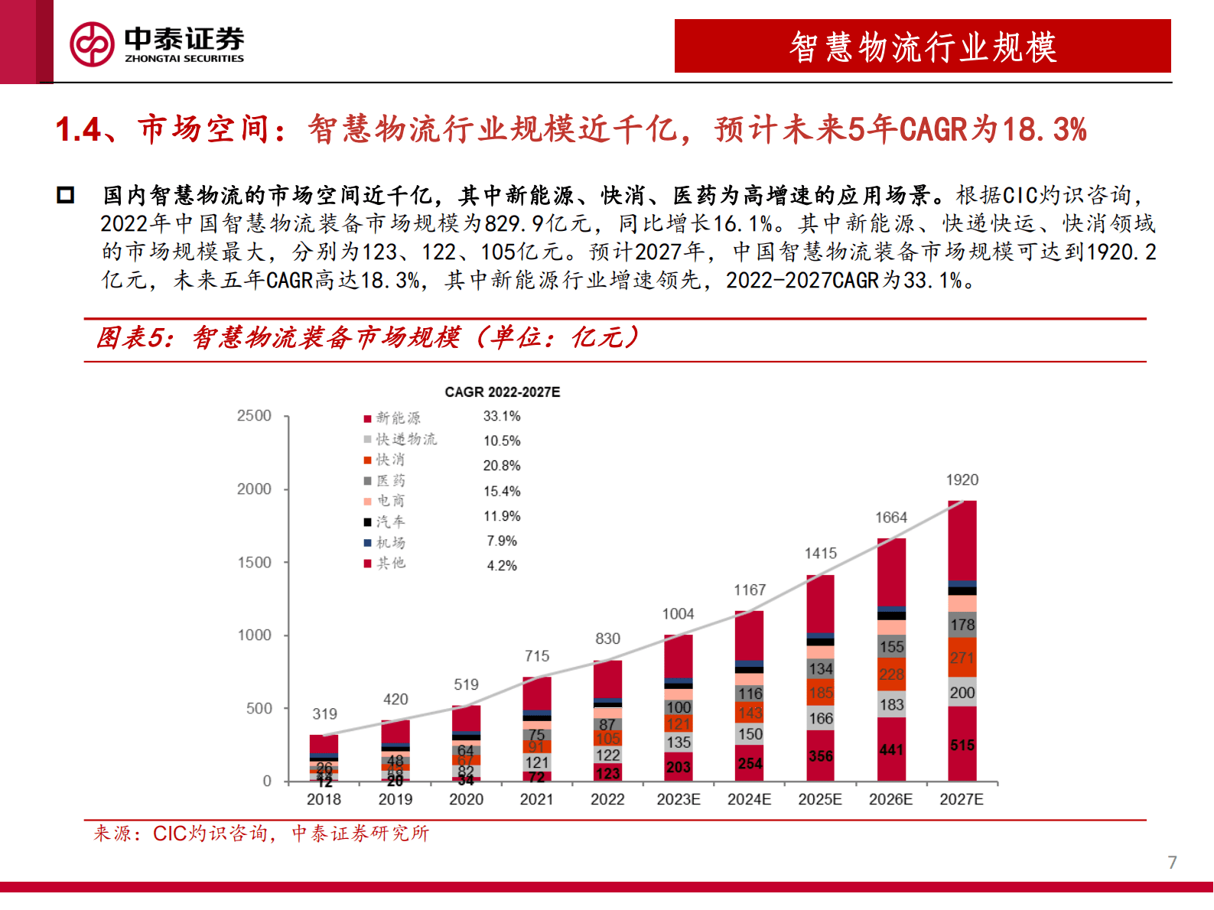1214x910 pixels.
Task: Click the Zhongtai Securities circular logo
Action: (x=92, y=44)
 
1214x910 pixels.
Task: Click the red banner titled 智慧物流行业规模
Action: (x=923, y=47)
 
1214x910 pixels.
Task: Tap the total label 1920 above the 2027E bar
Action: (x=962, y=480)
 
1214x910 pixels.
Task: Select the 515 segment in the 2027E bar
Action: (x=962, y=745)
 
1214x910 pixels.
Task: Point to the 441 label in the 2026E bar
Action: (x=891, y=749)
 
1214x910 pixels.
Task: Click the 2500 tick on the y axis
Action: (x=254, y=416)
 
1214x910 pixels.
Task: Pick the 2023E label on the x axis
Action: (x=679, y=799)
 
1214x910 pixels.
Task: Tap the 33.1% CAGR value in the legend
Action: (x=502, y=416)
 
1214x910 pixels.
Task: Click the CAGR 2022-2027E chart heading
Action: (x=502, y=392)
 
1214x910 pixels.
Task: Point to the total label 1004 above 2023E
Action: (x=678, y=614)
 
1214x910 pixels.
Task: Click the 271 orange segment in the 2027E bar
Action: (x=962, y=658)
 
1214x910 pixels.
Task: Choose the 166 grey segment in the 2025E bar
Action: (x=820, y=718)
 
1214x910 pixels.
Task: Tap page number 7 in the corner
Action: (x=1172, y=863)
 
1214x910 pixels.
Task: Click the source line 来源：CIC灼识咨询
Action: (x=260, y=834)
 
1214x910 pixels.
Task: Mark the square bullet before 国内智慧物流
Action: (x=66, y=195)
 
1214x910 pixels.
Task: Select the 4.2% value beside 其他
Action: (x=502, y=566)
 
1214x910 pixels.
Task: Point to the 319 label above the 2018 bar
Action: (x=324, y=714)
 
